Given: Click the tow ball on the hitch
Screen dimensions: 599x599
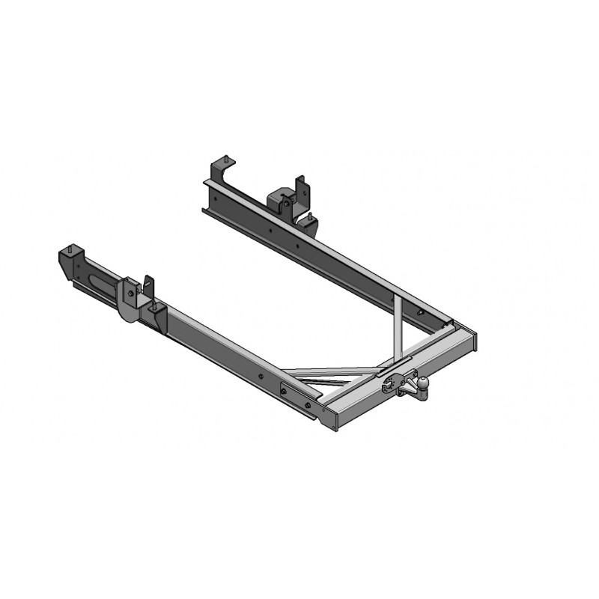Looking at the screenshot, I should click(423, 383).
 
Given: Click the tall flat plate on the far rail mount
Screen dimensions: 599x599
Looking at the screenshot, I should click(300, 192).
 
